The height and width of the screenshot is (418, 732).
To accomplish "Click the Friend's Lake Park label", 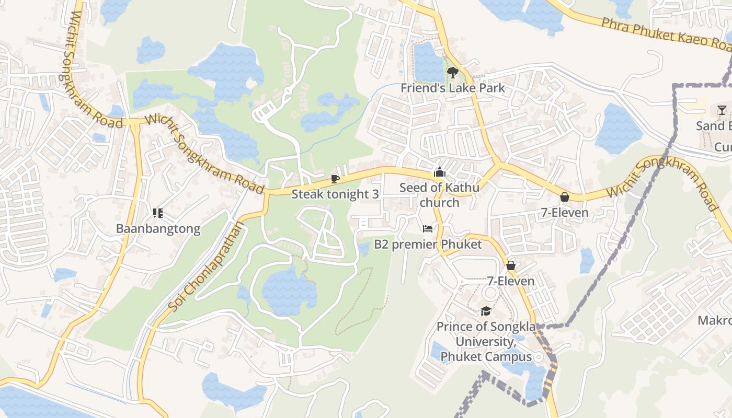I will click(453, 88).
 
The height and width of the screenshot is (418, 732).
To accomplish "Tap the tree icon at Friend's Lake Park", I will click(453, 73).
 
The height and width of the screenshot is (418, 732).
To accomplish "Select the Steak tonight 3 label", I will click(335, 194).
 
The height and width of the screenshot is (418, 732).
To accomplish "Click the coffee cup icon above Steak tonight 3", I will click(335, 179).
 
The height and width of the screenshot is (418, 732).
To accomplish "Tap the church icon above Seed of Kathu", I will click(439, 172).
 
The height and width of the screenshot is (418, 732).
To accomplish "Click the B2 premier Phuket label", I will click(428, 244).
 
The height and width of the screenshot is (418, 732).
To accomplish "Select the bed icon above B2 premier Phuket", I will click(428, 229).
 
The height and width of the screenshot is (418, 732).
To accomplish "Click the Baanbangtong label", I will click(158, 229).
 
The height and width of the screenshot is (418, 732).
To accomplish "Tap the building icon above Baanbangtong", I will click(158, 213).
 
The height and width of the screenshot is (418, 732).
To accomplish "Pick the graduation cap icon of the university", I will click(486, 311).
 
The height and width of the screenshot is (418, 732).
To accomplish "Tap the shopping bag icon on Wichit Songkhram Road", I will click(564, 197).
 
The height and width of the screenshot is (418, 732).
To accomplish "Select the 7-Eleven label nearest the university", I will click(511, 281).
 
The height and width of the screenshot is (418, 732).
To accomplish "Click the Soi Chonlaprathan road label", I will click(206, 266).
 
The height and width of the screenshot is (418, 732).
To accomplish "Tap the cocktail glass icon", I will click(722, 110).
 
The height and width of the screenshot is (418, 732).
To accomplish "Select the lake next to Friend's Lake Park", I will click(428, 62).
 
